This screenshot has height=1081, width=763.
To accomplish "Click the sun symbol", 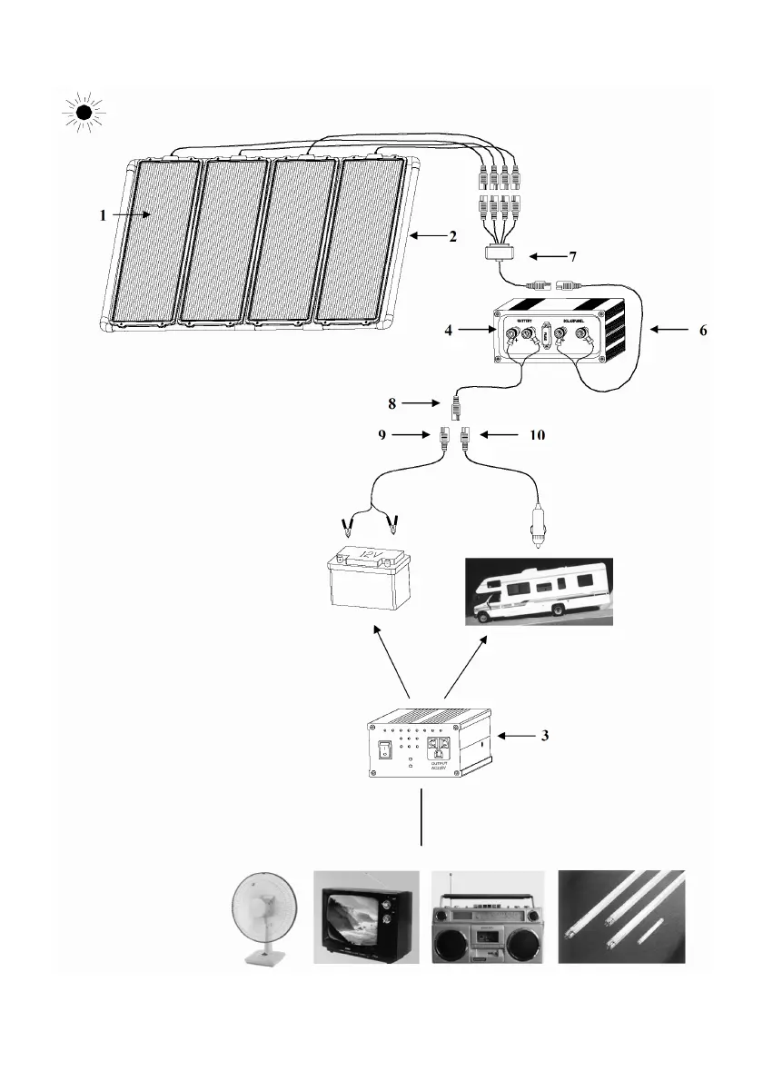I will click(x=84, y=114).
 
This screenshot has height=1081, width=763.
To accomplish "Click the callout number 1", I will click(x=104, y=216).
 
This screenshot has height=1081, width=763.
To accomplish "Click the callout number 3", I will click(x=543, y=736).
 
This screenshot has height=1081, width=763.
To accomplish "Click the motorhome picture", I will click(x=539, y=592).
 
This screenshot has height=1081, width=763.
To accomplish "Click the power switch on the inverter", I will click(x=383, y=750).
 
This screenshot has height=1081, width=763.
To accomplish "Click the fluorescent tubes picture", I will click(x=621, y=916).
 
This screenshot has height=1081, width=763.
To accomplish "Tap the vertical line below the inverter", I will click(x=421, y=818).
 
